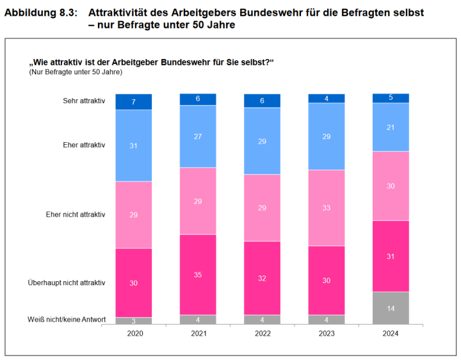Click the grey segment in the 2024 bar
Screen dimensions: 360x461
click(x=391, y=307)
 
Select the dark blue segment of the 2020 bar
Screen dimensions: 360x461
click(x=134, y=102)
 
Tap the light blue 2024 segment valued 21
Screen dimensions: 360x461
click(x=391, y=127)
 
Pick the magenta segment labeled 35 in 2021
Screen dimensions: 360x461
click(x=198, y=275)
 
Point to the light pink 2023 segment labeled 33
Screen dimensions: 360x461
click(x=327, y=208)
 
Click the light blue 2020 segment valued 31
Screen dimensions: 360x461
click(x=134, y=145)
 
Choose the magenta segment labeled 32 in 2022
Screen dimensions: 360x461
click(x=262, y=278)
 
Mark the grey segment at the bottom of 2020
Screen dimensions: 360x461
click(x=134, y=320)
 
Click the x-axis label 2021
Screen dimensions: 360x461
click(x=198, y=334)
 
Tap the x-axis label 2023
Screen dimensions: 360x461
click(x=327, y=334)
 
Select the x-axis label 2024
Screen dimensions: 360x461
click(x=391, y=334)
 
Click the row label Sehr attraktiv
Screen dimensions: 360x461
click(x=84, y=101)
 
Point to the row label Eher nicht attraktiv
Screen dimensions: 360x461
click(x=75, y=214)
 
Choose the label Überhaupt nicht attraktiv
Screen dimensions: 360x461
click(x=67, y=282)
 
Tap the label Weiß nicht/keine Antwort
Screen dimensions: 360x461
click(x=67, y=320)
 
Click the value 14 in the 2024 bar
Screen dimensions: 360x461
click(x=391, y=307)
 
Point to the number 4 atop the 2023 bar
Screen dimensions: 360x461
click(x=327, y=98)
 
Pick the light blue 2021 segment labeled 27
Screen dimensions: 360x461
click(x=198, y=136)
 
